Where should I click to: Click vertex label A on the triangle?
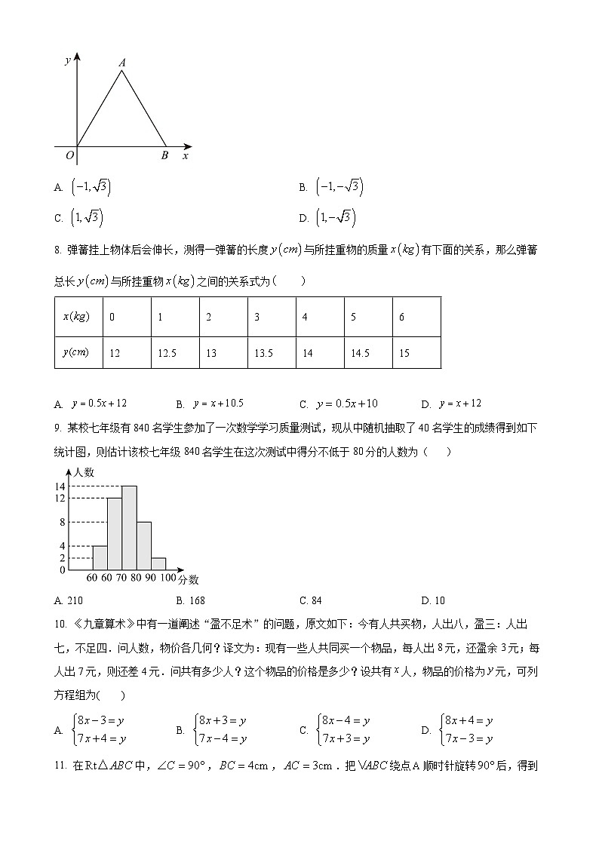pyautogui.click(x=121, y=63)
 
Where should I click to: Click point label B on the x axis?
pyautogui.click(x=164, y=156)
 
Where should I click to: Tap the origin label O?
pyautogui.click(x=69, y=156)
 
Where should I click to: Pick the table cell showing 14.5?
pyautogui.click(x=368, y=353)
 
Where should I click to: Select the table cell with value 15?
pyautogui.click(x=416, y=353)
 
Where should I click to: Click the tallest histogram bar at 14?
pyautogui.click(x=129, y=527)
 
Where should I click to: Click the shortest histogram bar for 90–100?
pyautogui.click(x=158, y=563)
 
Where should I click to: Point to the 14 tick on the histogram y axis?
pyautogui.click(x=60, y=486)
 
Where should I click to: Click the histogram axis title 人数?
pyautogui.click(x=84, y=472)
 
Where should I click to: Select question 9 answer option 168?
pyautogui.click(x=192, y=600)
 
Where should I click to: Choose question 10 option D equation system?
pyautogui.click(x=460, y=729)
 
